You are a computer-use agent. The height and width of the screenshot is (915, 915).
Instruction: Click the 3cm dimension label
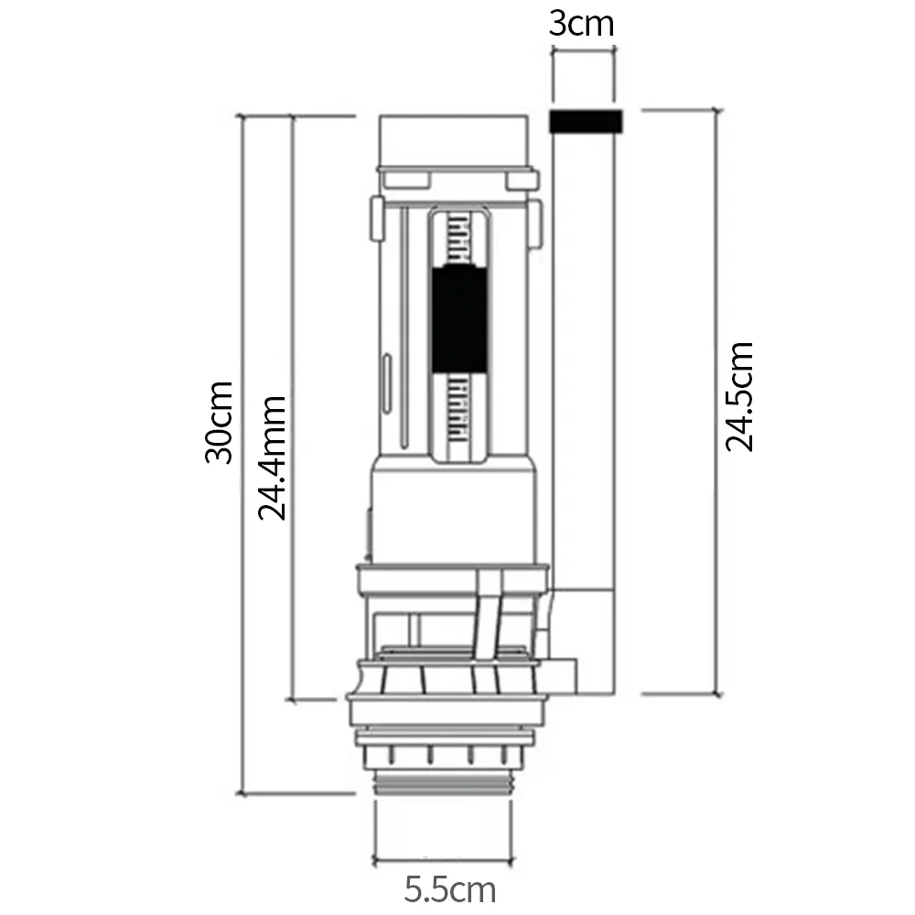[582, 22]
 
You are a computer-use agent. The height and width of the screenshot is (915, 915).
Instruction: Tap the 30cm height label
[220, 422]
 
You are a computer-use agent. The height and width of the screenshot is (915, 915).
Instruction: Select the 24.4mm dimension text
[272, 457]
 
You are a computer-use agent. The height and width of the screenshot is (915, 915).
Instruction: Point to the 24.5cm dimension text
[739, 395]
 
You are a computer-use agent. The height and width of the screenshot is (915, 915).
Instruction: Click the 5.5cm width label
[450, 888]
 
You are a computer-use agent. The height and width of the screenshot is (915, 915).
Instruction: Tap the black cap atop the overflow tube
[585, 121]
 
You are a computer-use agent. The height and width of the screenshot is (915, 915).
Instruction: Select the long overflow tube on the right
[585, 366]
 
